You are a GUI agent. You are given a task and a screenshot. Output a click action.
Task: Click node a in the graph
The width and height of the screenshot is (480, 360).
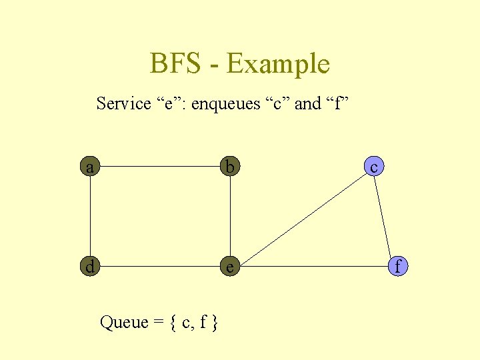(90, 167)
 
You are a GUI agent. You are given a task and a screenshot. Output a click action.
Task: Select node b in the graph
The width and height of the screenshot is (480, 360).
(230, 167)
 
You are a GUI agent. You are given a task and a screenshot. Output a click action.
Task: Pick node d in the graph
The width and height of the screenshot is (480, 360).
(90, 267)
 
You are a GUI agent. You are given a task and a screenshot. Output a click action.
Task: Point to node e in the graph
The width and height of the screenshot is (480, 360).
(230, 267)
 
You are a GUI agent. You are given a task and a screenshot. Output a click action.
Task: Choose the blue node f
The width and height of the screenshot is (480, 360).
(397, 267)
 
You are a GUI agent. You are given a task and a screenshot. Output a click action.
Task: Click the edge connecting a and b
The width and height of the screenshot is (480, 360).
(160, 167)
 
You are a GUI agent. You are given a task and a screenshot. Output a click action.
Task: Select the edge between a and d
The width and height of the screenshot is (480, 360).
(90, 217)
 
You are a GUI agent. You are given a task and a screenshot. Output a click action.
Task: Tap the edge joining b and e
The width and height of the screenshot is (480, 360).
(230, 217)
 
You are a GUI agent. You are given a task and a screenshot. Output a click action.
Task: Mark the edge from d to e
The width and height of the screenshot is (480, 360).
(160, 267)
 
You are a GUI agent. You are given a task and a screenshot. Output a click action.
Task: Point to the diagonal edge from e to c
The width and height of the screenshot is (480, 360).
(301, 217)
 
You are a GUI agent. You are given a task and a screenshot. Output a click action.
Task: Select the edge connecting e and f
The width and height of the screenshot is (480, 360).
(313, 267)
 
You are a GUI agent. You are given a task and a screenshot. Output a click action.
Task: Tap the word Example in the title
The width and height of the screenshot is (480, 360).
(278, 65)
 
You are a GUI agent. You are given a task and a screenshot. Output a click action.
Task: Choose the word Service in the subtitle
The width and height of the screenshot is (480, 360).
(123, 104)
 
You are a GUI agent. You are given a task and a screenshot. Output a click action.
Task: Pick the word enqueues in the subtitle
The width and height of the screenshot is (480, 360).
(223, 104)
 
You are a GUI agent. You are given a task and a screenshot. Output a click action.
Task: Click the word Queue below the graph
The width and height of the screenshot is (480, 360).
(123, 323)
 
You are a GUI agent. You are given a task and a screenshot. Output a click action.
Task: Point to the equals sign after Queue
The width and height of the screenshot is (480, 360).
(159, 323)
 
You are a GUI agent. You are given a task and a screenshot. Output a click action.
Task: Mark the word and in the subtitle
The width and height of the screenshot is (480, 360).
(307, 104)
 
